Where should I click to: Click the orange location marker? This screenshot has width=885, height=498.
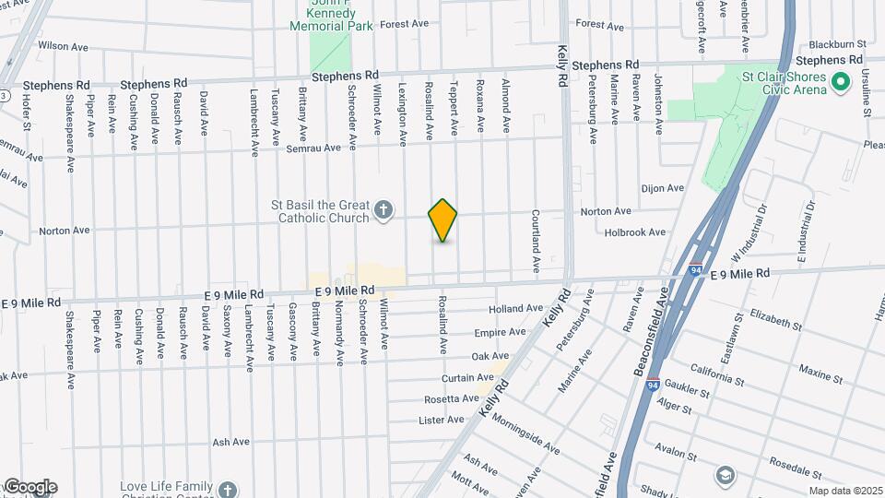coord(443,220)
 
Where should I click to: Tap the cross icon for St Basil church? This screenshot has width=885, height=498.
coord(385,212)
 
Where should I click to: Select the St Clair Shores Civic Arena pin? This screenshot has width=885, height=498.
coord(840,83)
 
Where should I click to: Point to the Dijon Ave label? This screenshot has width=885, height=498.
coord(662,188)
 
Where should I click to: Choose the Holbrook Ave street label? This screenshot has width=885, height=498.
coord(634,232)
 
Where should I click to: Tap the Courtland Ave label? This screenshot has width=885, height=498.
coord(536,240)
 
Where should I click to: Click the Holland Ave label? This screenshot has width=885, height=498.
coord(516,308)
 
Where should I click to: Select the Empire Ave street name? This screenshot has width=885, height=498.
coord(500,332)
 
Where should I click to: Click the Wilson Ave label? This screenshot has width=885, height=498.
coord(63,45)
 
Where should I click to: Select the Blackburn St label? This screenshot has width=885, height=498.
coord(837,43)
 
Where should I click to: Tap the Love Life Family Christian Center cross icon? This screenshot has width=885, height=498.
coord(228,488)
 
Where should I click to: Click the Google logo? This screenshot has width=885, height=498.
coord(29,487)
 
